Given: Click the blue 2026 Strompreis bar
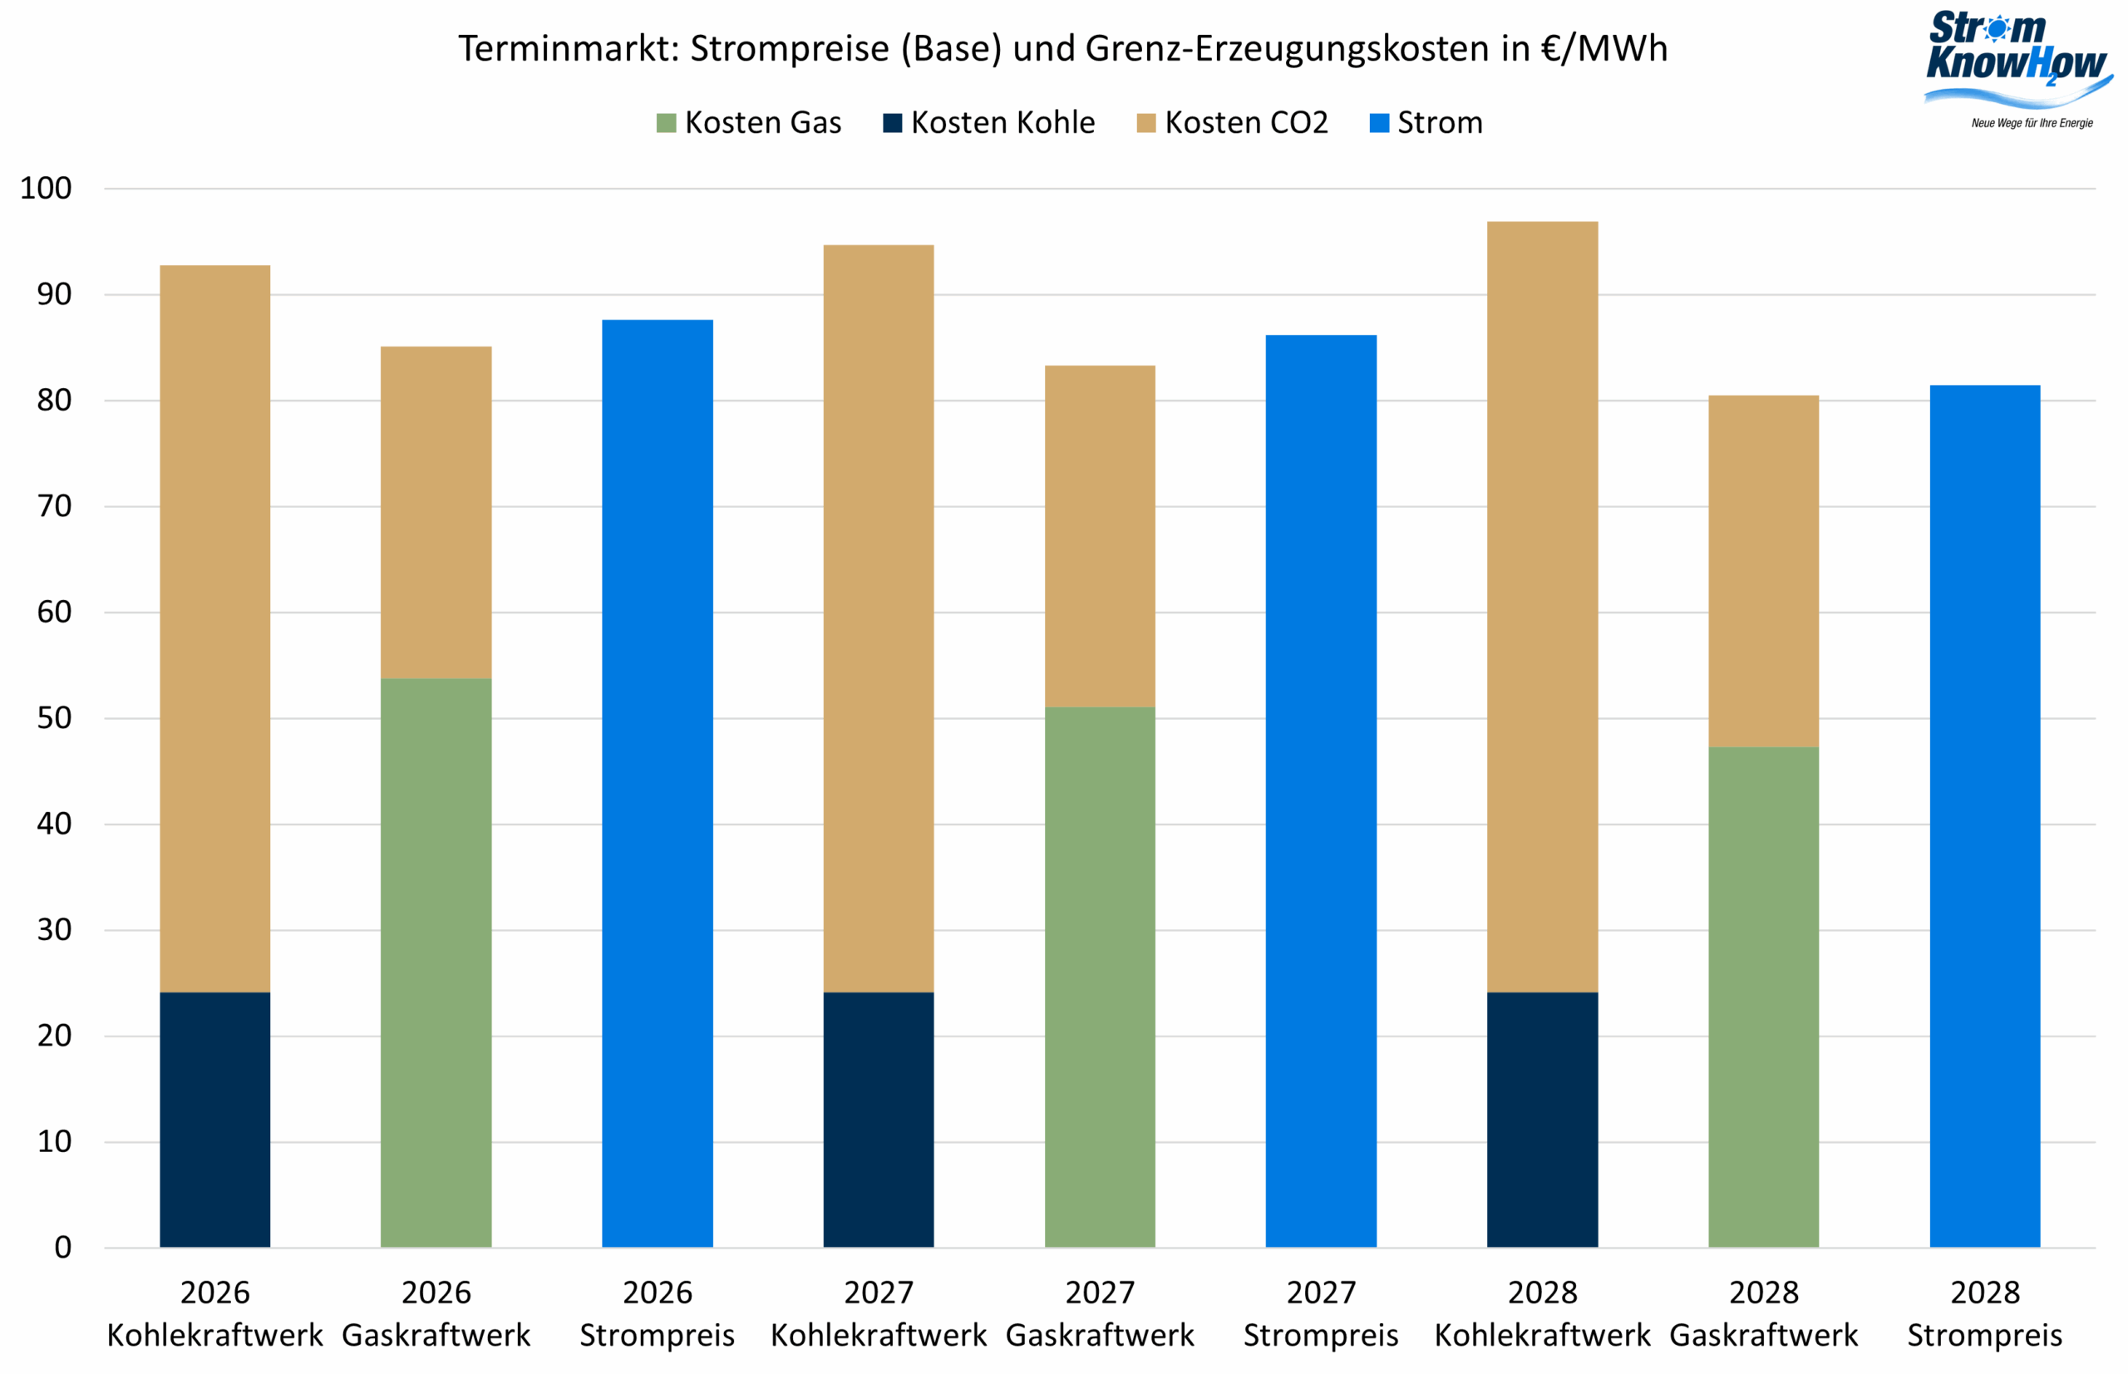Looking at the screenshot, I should (658, 783).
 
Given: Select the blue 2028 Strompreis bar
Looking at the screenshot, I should (1984, 816).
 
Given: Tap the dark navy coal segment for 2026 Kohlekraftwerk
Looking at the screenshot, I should (215, 1120).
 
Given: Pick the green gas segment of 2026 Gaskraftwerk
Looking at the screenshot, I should (436, 963).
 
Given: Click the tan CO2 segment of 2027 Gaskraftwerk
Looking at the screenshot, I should (1099, 536).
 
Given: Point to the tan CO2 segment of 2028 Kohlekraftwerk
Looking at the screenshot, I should (1542, 607).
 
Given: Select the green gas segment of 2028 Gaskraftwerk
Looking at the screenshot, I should (1763, 997).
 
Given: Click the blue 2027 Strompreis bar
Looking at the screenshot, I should (1321, 791).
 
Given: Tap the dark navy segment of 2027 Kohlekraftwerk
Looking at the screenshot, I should (878, 1120).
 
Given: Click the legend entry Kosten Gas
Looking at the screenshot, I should (749, 122).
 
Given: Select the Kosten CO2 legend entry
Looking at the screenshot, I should (1232, 122).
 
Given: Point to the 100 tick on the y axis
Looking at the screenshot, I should (47, 188).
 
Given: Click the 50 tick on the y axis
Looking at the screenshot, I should (53, 718).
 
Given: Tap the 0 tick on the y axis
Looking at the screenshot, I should (62, 1248).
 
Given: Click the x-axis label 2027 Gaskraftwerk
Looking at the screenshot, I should (1099, 1313).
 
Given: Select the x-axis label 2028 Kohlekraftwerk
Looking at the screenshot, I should (1542, 1313).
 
